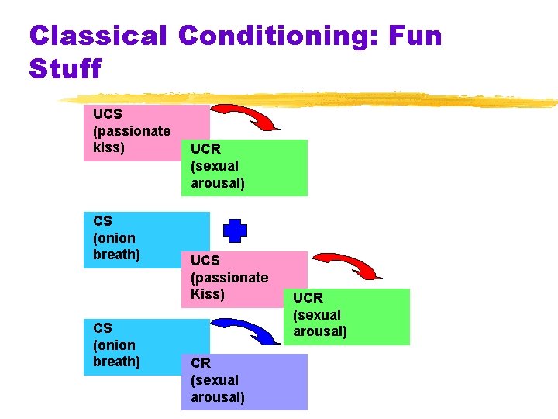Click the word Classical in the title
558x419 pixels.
(98, 36)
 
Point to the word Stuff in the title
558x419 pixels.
(65, 69)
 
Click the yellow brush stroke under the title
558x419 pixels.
(310, 100)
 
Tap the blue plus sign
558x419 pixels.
(235, 230)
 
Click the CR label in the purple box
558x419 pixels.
(201, 363)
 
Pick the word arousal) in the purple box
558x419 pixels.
(218, 397)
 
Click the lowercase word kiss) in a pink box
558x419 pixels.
(109, 147)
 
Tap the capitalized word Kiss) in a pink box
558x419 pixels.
(208, 294)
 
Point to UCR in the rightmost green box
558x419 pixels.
(308, 298)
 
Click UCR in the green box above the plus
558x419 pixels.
(206, 149)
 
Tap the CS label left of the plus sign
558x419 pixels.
(102, 221)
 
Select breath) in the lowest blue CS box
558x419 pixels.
(116, 362)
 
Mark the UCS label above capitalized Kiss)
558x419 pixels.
(205, 261)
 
